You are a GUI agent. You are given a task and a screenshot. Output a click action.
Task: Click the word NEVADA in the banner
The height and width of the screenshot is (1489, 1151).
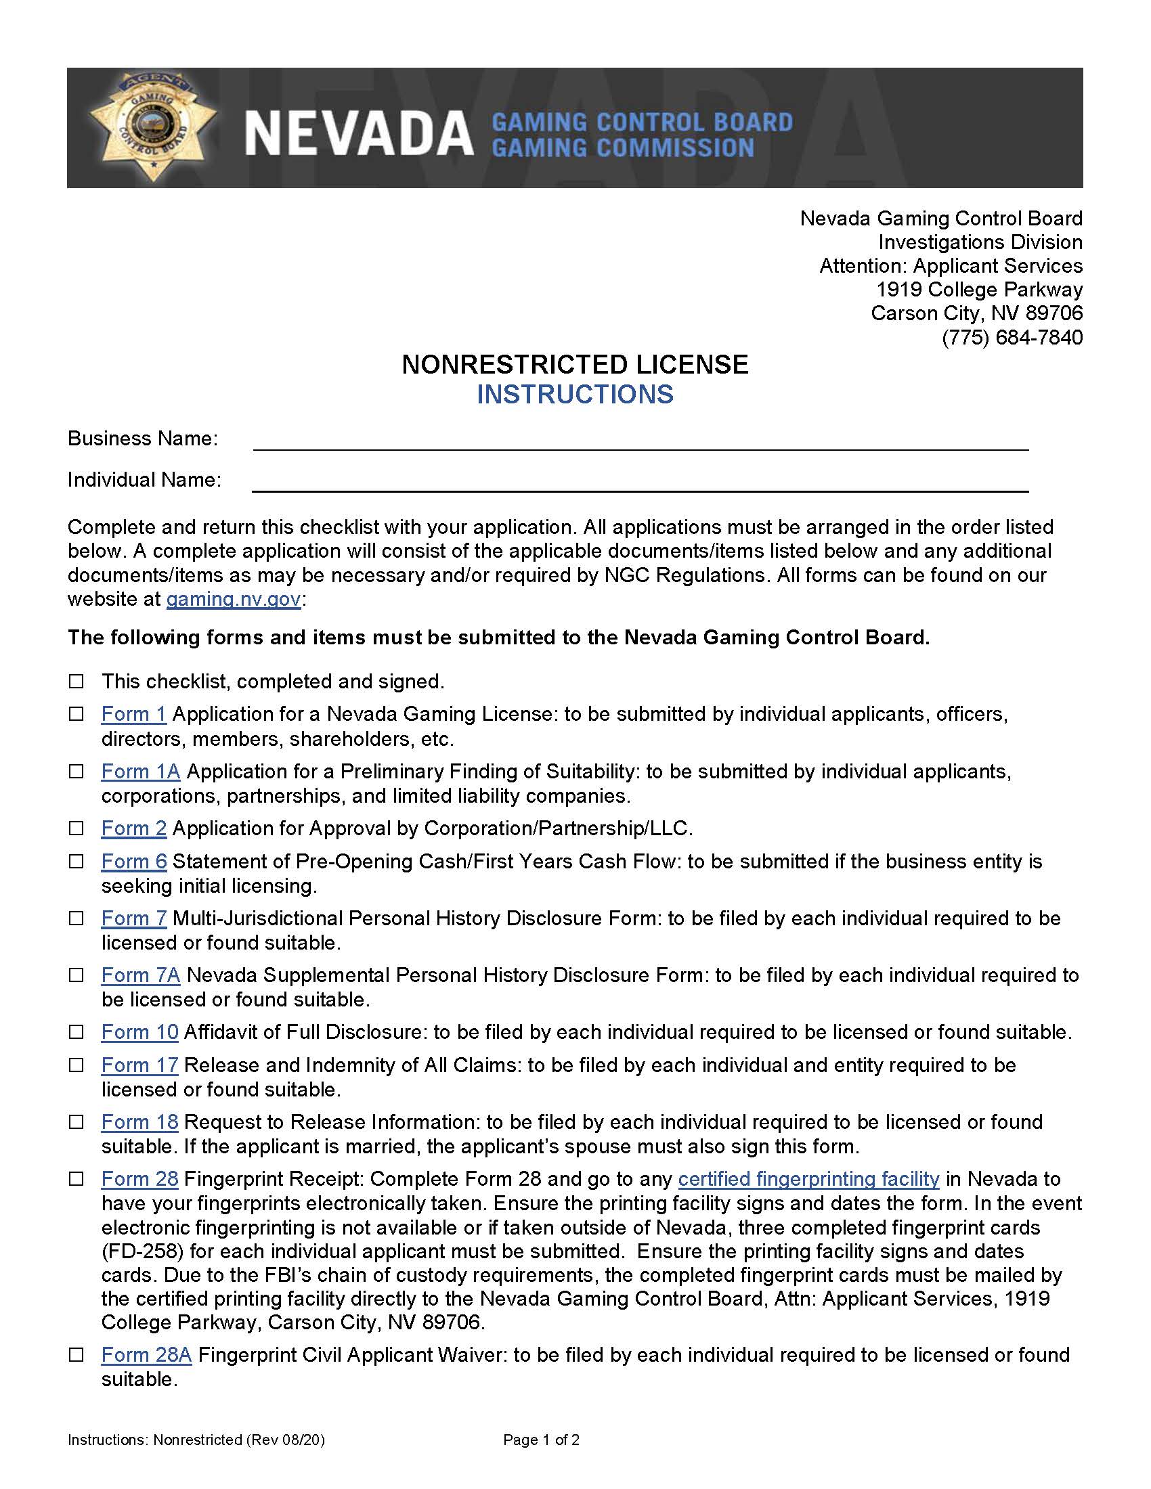(359, 133)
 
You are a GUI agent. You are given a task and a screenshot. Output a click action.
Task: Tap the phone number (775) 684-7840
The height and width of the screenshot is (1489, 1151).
(1012, 338)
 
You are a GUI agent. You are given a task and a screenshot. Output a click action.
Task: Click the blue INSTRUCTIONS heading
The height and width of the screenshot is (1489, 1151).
(575, 395)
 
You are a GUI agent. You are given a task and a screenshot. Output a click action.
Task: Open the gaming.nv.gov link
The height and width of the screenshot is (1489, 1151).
(233, 599)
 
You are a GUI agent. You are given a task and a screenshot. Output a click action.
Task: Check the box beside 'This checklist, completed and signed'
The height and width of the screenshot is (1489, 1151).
(77, 681)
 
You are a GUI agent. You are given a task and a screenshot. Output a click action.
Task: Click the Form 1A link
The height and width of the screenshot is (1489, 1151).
(140, 771)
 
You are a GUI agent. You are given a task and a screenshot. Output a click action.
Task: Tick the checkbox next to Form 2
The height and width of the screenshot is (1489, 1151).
(77, 828)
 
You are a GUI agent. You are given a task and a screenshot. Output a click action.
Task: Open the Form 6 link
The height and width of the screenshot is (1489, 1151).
(133, 861)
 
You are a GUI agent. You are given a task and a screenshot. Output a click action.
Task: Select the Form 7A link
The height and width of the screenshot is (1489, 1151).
(140, 975)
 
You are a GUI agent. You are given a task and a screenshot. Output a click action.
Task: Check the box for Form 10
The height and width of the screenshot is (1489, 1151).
(77, 1032)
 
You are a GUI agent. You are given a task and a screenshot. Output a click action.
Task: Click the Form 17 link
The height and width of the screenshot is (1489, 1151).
(139, 1065)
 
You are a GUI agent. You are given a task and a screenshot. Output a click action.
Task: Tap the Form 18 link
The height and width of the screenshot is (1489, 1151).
(139, 1121)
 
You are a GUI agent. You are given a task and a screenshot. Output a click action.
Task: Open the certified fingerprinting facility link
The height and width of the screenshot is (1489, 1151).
(808, 1179)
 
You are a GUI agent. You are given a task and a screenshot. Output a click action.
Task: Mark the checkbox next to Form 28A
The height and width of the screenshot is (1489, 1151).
(77, 1355)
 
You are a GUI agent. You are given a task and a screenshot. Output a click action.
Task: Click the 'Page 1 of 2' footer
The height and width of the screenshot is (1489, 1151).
(541, 1440)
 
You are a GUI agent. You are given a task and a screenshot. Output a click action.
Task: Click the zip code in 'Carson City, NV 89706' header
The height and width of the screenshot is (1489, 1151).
(1054, 313)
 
